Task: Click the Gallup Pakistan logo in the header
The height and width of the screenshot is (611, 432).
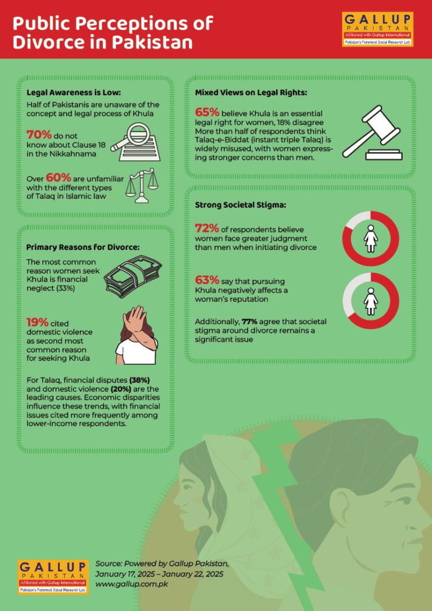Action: click(377, 29)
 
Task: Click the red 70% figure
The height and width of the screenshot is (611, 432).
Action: click(39, 135)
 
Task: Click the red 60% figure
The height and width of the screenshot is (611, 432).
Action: click(58, 178)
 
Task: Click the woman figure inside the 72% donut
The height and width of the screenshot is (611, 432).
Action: click(371, 238)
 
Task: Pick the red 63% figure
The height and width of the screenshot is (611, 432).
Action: click(207, 281)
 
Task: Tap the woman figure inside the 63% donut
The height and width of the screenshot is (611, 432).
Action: click(371, 301)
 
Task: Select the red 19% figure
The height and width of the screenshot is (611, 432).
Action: click(38, 322)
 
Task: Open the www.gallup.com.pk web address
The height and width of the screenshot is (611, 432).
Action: click(132, 584)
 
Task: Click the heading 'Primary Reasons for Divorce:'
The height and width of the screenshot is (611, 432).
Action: click(83, 248)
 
